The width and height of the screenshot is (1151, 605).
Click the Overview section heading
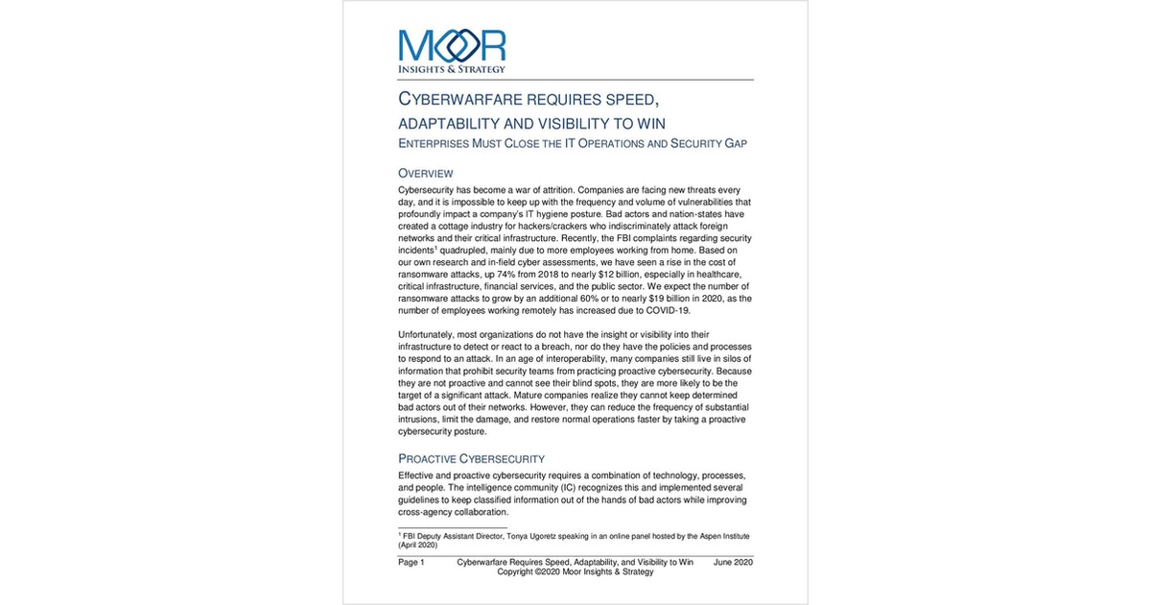pos(426,173)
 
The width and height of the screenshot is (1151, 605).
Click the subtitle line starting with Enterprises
pos(572,143)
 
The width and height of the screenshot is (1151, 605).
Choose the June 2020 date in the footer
pos(733,562)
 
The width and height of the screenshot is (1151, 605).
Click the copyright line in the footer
pos(575,572)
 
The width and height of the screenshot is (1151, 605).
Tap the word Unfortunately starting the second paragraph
pos(431,334)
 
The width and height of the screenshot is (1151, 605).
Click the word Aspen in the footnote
pos(705,534)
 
